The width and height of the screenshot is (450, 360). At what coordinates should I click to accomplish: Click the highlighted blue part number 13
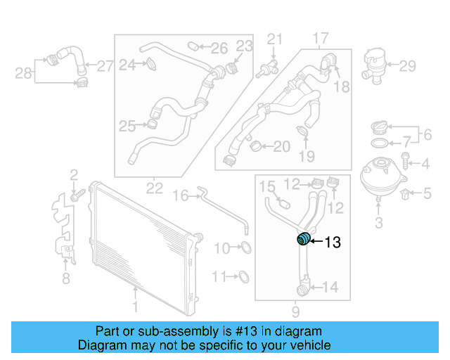[303, 239]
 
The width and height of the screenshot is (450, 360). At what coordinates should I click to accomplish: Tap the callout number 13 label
[332, 243]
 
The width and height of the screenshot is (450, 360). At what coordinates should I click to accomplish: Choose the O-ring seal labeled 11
[243, 276]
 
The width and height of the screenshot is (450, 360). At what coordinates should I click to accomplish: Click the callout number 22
[154, 188]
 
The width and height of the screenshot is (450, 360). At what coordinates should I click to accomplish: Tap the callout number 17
[320, 38]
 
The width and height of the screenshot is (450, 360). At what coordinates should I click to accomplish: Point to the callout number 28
[23, 72]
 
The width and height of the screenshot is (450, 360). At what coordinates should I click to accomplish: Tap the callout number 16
[181, 195]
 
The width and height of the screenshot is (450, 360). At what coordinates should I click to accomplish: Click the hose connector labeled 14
[303, 286]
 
